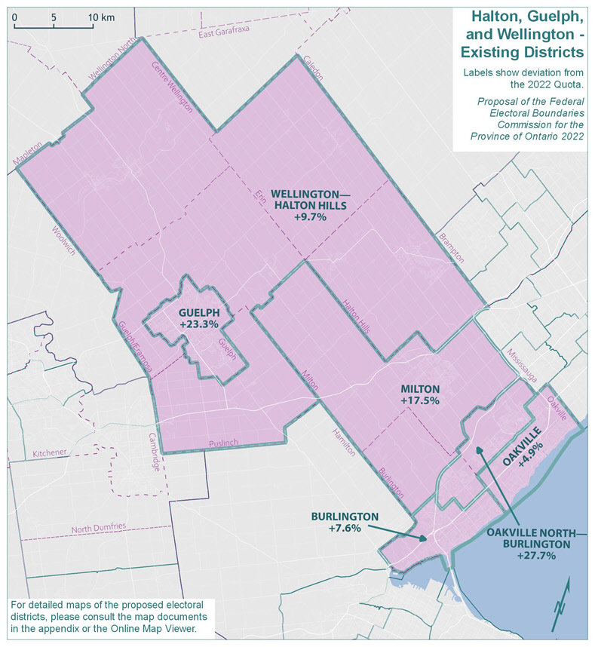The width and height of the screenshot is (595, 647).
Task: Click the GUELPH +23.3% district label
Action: (199, 317)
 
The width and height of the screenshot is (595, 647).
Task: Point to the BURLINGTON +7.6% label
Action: (345, 522)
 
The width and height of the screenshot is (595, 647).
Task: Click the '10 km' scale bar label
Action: (101, 17)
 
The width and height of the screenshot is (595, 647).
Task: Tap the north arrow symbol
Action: (562, 604)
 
